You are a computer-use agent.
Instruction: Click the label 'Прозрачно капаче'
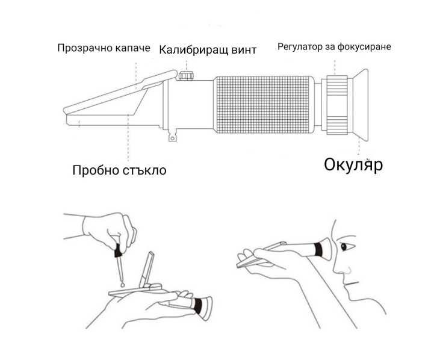104,48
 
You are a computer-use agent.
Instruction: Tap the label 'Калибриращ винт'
208,50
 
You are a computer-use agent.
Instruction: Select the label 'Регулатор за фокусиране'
334,47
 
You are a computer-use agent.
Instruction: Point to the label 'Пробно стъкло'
119,170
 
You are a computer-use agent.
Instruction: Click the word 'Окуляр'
353,164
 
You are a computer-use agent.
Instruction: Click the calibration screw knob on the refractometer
185,75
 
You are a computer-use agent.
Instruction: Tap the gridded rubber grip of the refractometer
264,105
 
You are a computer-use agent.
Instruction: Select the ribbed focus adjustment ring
337,105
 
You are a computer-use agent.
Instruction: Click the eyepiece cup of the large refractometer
360,105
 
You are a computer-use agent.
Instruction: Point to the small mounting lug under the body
172,136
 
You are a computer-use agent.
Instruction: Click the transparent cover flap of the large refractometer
120,92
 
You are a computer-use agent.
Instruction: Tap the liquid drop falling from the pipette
122,284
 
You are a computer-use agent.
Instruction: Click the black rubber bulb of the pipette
118,250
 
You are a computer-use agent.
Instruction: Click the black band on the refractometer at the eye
318,249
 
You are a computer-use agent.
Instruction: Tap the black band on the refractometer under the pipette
197,306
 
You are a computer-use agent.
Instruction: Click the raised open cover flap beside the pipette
147,270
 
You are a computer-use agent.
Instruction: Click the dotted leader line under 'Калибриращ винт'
187,66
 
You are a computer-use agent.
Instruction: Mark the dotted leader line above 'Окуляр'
358,147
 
